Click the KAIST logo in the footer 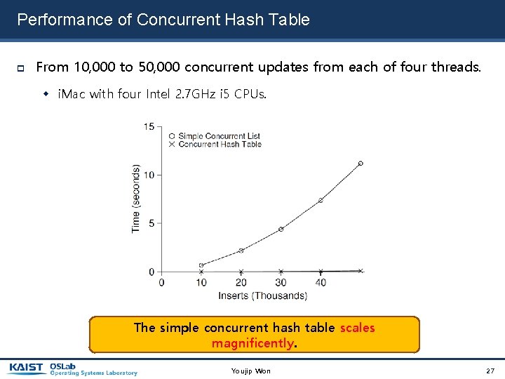[27, 368]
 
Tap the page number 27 [490, 371]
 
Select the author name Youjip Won [250, 371]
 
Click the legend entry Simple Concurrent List [219, 135]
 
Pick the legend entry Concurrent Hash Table [220, 144]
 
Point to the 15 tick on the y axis [149, 126]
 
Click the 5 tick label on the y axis [152, 223]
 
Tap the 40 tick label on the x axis [321, 282]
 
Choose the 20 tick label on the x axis [241, 282]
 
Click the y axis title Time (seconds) [136, 199]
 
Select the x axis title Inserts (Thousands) [262, 295]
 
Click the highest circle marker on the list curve [361, 164]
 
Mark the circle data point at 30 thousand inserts [281, 230]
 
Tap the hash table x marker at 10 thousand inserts [201, 272]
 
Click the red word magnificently [253, 343]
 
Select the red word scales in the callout [357, 328]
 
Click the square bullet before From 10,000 [21, 68]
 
